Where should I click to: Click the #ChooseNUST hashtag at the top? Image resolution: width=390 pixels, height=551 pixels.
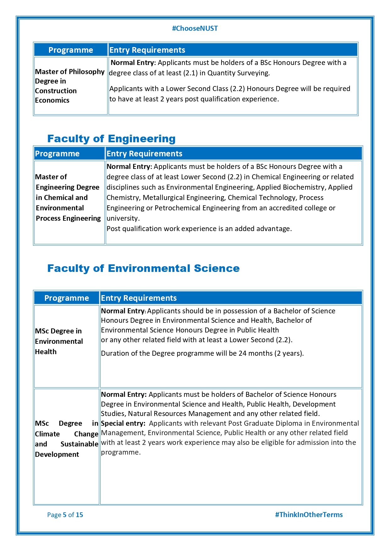click(x=195, y=29)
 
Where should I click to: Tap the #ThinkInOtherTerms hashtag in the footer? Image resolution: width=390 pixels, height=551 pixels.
click(x=309, y=515)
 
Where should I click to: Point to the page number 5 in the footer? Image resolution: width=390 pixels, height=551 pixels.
click(x=65, y=515)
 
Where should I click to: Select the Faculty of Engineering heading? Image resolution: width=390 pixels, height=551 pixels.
click(x=111, y=139)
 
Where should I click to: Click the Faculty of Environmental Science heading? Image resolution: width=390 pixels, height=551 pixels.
click(x=143, y=268)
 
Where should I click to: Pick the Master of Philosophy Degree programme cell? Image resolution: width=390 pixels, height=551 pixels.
click(x=70, y=86)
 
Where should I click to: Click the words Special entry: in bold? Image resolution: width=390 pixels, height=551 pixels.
click(x=123, y=423)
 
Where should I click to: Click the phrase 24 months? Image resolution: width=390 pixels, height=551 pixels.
click(x=255, y=353)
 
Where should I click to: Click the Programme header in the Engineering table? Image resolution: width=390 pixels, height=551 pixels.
click(x=57, y=154)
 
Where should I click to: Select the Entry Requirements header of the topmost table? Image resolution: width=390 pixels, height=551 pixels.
click(x=147, y=50)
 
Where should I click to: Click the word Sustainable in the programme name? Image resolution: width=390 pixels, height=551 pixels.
click(x=80, y=444)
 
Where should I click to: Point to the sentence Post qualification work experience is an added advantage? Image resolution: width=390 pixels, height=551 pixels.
click(x=199, y=229)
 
